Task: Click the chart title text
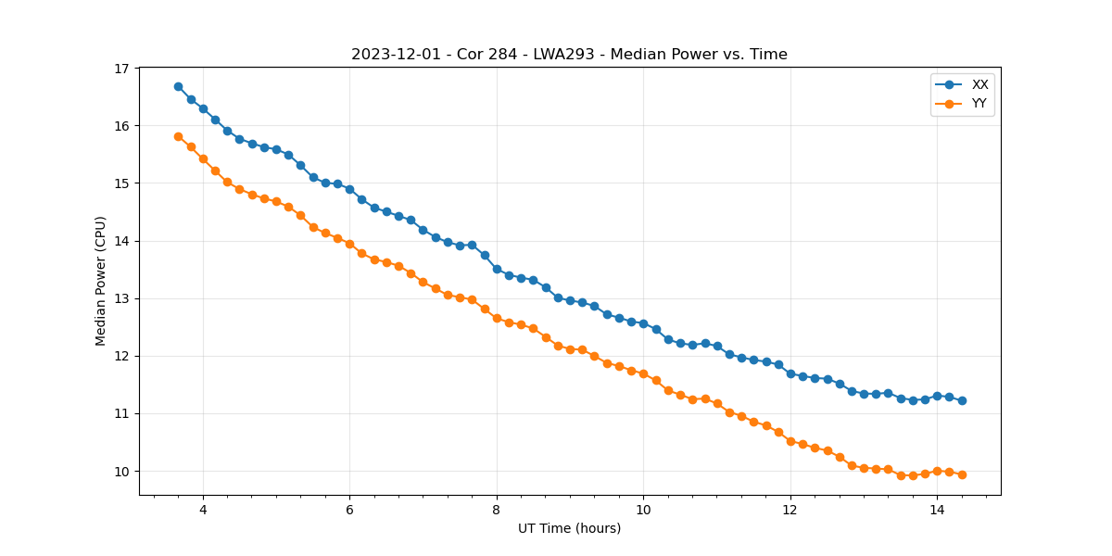(569, 55)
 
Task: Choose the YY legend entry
(979, 104)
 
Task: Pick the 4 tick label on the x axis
(203, 510)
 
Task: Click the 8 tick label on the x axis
(497, 510)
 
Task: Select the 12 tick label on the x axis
(790, 510)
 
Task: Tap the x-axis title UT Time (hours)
(569, 528)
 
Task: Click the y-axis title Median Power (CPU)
(101, 281)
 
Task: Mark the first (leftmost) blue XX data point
(178, 86)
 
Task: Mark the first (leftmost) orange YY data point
(178, 136)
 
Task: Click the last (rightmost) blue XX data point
(962, 400)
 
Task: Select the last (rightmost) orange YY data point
(962, 474)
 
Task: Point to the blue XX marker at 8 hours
(497, 269)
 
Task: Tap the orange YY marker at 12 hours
(790, 441)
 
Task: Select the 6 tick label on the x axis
(349, 510)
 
